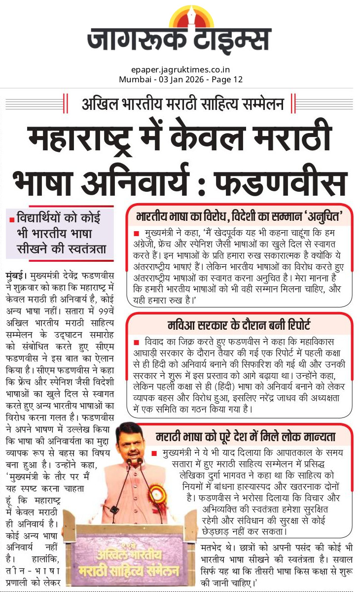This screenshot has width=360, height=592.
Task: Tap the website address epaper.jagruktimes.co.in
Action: [180, 70]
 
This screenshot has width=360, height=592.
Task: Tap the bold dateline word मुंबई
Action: [16, 274]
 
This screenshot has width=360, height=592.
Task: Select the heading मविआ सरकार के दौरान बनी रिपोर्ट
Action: [238, 325]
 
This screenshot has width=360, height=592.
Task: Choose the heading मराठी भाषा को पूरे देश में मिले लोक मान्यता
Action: [246, 436]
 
